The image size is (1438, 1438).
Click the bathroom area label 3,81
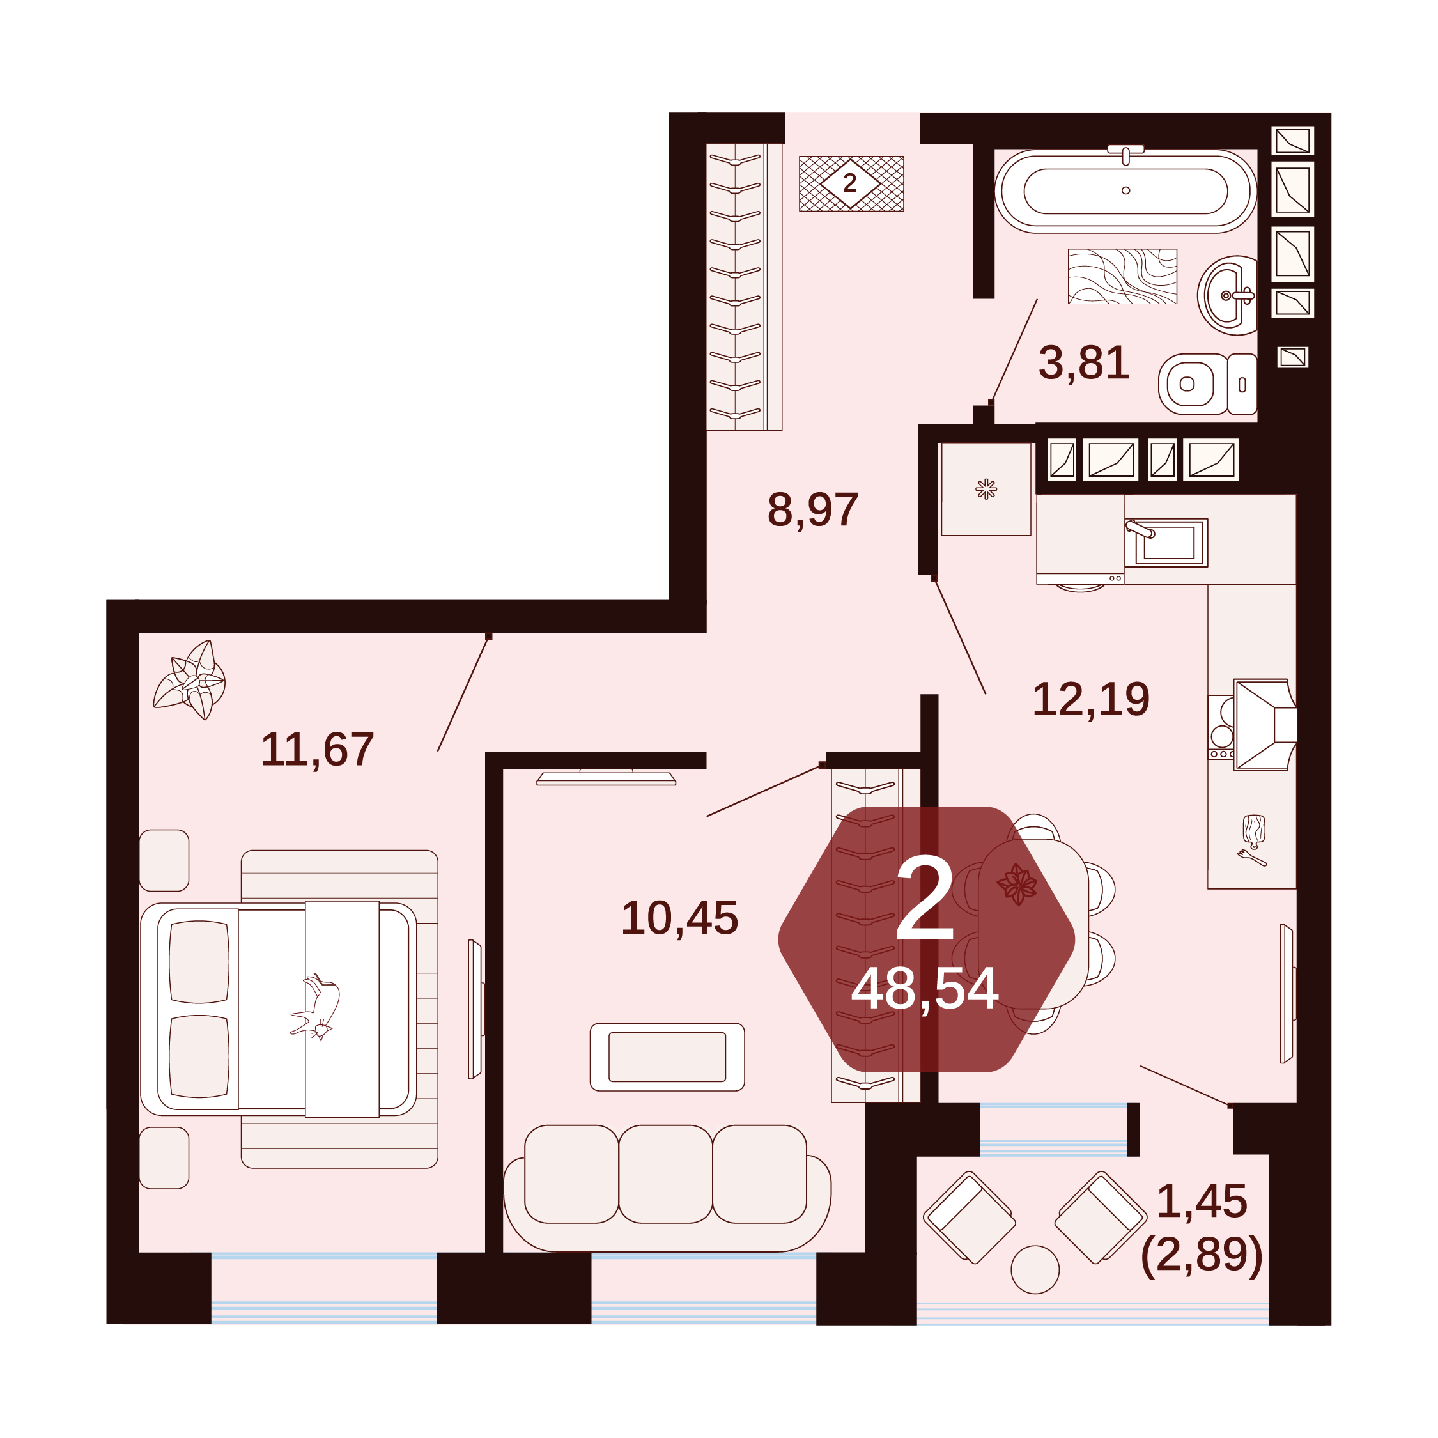(1084, 363)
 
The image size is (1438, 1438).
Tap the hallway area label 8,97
(813, 510)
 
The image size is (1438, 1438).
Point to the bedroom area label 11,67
(317, 749)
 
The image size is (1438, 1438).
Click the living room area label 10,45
(679, 918)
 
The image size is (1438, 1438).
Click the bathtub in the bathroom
(1125, 190)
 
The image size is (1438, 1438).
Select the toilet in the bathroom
(1207, 384)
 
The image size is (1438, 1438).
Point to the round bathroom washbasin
(1227, 295)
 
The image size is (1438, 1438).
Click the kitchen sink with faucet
(1166, 542)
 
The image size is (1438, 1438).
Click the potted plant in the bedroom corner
(190, 679)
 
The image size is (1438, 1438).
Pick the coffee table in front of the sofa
(667, 1057)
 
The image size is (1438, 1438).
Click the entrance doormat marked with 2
(851, 183)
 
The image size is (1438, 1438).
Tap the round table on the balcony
(1035, 1269)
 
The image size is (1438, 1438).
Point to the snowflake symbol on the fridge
(986, 488)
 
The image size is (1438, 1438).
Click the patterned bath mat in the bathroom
(1122, 276)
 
